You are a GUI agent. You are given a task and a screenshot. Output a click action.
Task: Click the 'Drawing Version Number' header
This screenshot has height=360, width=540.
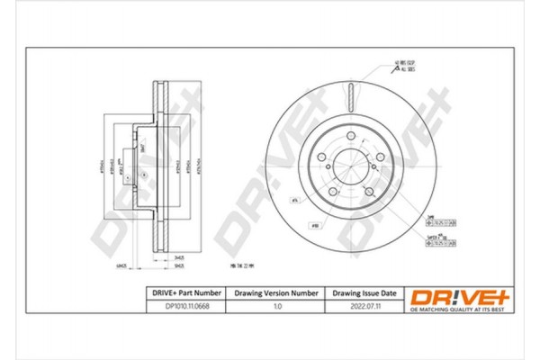point(276,293)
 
